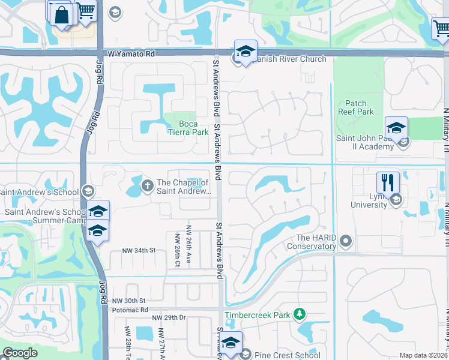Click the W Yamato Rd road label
(131, 54)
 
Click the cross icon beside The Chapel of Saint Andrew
(147, 185)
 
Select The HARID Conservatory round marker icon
(345, 242)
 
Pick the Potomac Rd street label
(130, 310)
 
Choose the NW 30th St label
(129, 301)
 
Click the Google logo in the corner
(20, 353)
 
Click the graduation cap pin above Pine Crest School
(231, 343)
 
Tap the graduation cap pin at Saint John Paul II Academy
(396, 128)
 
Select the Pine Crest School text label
(287, 355)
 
